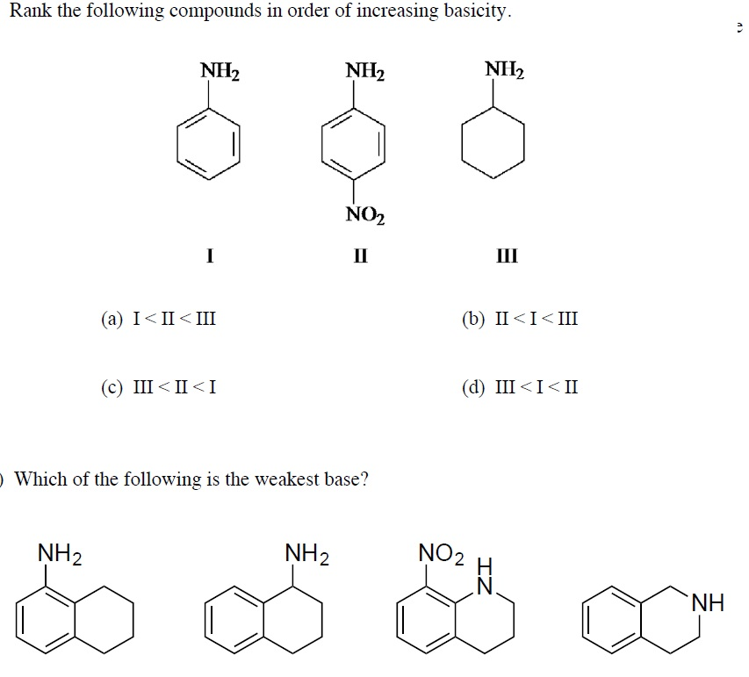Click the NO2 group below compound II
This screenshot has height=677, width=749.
365,214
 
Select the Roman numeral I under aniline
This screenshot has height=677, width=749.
209,256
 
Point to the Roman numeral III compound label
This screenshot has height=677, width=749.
507,256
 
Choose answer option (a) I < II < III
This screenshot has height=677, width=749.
158,318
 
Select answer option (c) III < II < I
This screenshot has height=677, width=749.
158,386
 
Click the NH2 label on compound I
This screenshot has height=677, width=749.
220,70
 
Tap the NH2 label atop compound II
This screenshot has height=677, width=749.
365,70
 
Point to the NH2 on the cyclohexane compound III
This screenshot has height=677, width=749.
504,69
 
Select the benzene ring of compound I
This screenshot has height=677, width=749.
208,144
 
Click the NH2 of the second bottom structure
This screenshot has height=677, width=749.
307,554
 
